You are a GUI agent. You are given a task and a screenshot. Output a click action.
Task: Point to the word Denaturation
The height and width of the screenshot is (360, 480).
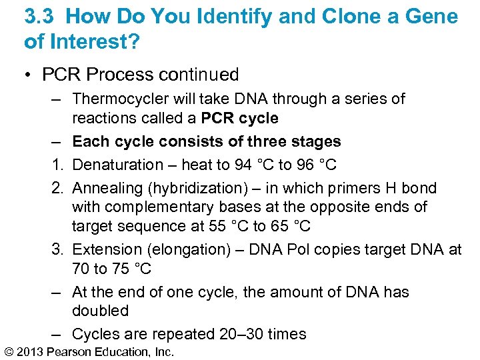click(x=117, y=164)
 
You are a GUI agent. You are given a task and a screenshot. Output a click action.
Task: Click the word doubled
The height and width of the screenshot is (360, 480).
click(x=100, y=311)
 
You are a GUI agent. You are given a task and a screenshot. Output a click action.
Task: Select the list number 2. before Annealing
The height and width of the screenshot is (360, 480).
click(x=57, y=188)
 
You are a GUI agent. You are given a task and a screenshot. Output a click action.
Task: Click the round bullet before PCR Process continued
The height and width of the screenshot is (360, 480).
click(x=29, y=74)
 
